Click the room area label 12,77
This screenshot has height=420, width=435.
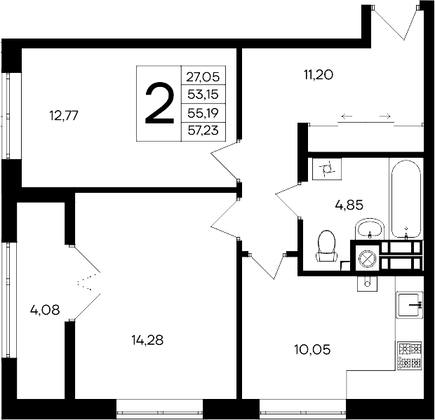coord(63,116)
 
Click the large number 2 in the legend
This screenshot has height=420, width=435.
coord(159,103)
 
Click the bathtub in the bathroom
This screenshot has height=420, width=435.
coord(406,200)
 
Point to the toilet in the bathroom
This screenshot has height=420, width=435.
coord(326,246)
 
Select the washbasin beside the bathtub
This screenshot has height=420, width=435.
coord(369,229)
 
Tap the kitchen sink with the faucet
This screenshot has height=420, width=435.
coord(409,305)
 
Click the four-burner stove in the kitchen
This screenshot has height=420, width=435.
coord(409,355)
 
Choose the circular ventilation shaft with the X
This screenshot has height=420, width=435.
coord(366,259)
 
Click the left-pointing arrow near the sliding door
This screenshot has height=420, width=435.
coord(346,116)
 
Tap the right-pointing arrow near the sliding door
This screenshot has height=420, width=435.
coord(384,116)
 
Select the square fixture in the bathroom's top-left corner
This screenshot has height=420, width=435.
coord(326,169)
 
